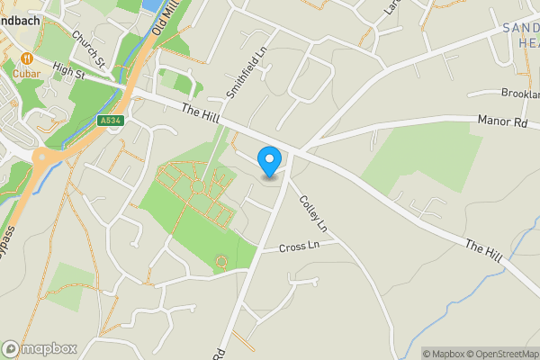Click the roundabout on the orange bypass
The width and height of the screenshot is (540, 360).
pyautogui.click(x=43, y=160)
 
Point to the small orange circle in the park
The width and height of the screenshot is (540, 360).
pyautogui.click(x=220, y=262)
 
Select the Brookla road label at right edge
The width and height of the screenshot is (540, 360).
pyautogui.click(x=521, y=93)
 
